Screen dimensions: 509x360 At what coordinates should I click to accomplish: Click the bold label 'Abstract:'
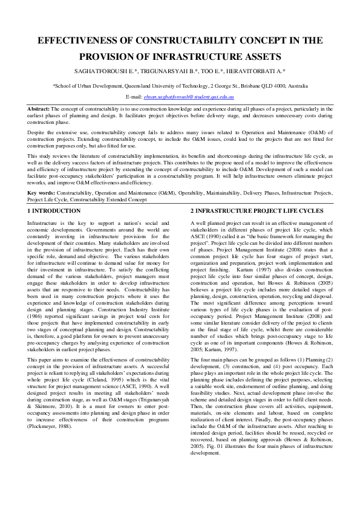pyautogui.click(x=39, y=108)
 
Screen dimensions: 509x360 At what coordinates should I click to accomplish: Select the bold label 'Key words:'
pyautogui.click(x=41, y=192)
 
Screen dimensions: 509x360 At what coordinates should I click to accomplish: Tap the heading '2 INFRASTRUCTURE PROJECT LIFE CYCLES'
pyautogui.click(x=257, y=211)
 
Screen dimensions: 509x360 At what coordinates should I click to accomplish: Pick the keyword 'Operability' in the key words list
pyautogui.click(x=203, y=192)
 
